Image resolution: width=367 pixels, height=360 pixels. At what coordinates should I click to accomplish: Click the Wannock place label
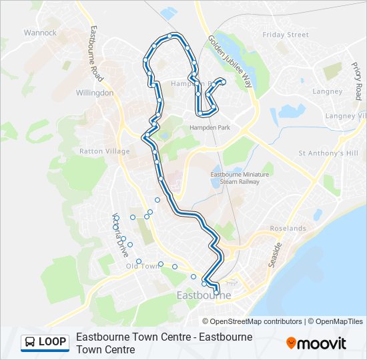click(40, 32)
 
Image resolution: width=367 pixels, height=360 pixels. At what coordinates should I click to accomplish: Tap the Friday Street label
click(286, 35)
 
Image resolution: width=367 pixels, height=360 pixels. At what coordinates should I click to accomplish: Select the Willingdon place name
click(95, 93)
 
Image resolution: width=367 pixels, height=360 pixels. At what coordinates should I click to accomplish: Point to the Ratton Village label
click(105, 151)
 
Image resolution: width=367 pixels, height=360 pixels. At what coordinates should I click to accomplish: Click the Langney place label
click(327, 91)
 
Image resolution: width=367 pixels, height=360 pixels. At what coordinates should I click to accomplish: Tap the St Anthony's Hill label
click(328, 153)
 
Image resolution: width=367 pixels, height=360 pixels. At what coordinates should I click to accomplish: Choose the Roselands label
click(288, 228)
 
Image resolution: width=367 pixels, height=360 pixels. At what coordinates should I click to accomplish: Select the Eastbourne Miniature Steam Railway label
click(234, 177)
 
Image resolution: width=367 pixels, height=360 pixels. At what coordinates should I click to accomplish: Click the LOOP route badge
click(45, 342)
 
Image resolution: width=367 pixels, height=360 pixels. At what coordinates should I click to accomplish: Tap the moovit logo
click(316, 343)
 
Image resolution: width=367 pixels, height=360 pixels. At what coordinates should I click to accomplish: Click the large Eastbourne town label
click(204, 295)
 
